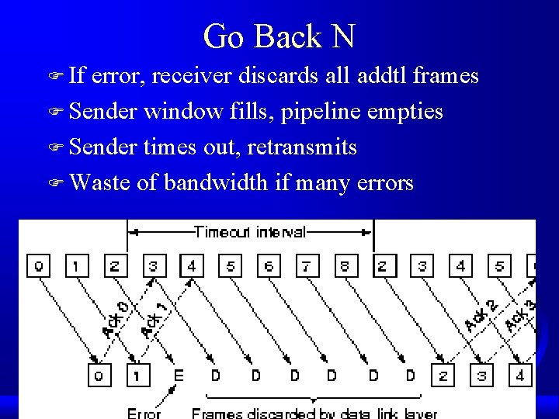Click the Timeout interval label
coord(250,231)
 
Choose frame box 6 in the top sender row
coord(269,266)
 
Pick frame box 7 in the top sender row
coord(307,266)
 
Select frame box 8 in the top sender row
coord(345,266)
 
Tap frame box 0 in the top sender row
coord(38,266)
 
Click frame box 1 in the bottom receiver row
coord(138,376)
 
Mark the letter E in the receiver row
coord(178,376)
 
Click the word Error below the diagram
coord(144,413)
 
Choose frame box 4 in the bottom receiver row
coord(520,376)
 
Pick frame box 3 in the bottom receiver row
coord(482,376)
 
